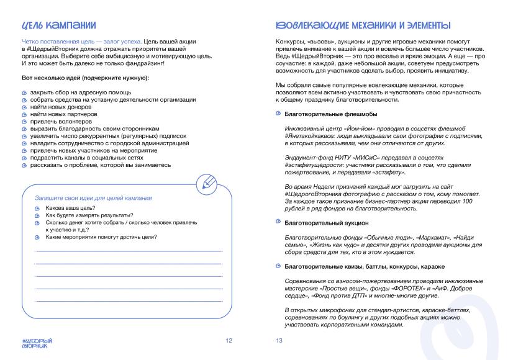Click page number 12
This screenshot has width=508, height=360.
(229, 340)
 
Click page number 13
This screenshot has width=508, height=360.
(279, 340)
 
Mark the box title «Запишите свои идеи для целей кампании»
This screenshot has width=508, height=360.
(93, 197)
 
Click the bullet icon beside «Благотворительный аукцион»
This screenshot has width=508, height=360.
(278, 222)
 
